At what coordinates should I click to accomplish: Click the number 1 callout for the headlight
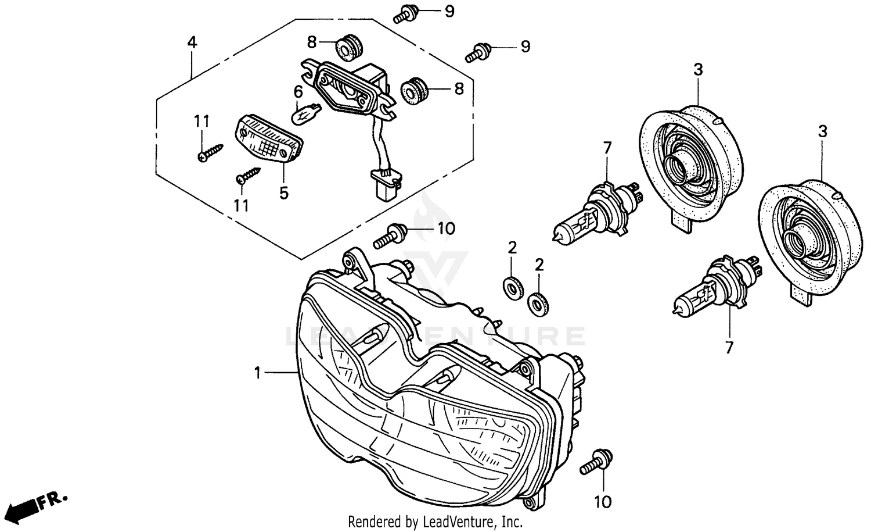click(258, 372)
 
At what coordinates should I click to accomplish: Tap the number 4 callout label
click(192, 42)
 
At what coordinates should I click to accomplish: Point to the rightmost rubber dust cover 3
click(808, 237)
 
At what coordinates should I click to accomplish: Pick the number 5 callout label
click(283, 192)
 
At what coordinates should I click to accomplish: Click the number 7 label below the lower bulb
click(729, 348)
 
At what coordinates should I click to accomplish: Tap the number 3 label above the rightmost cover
click(822, 132)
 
